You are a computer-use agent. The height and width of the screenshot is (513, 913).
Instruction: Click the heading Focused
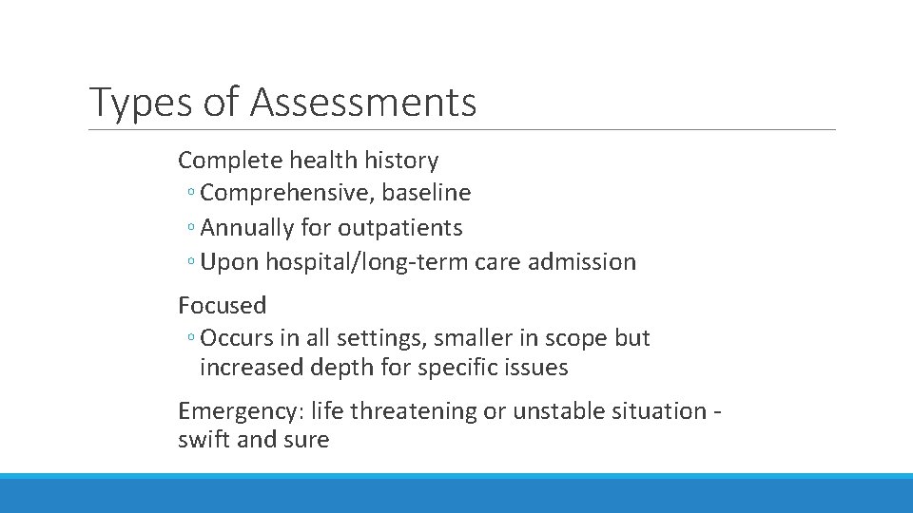(223, 305)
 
